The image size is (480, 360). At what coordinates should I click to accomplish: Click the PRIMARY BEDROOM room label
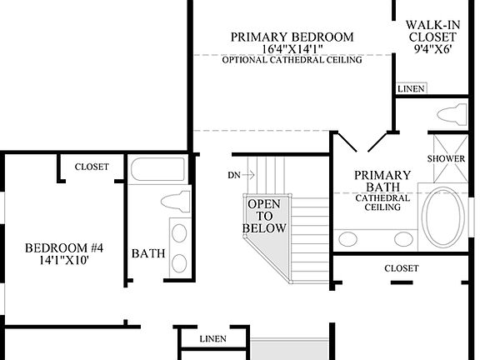pyautogui.click(x=292, y=37)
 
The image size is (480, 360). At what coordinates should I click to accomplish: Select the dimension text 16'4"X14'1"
pyautogui.click(x=292, y=49)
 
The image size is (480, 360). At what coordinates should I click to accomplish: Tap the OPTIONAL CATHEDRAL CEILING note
pyautogui.click(x=292, y=61)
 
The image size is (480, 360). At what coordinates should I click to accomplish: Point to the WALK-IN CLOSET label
pyautogui.click(x=431, y=31)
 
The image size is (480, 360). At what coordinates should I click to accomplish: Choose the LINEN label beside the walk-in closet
pyautogui.click(x=411, y=88)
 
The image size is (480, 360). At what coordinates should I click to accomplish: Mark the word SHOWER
pyautogui.click(x=446, y=158)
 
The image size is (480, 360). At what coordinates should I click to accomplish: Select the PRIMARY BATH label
pyautogui.click(x=382, y=181)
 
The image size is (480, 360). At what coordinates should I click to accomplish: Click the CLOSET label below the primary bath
pyautogui.click(x=402, y=268)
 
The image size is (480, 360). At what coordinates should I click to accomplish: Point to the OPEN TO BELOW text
pyautogui.click(x=264, y=216)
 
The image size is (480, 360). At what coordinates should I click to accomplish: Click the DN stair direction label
pyautogui.click(x=233, y=175)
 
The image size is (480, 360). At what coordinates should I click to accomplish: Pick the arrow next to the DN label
pyautogui.click(x=248, y=175)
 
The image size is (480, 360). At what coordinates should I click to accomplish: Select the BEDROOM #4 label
pyautogui.click(x=63, y=247)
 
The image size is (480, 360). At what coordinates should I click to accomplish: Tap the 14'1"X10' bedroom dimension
pyautogui.click(x=63, y=260)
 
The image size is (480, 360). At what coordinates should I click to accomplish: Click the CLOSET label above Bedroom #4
pyautogui.click(x=92, y=167)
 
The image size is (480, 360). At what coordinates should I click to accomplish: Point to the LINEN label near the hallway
pyautogui.click(x=213, y=339)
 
